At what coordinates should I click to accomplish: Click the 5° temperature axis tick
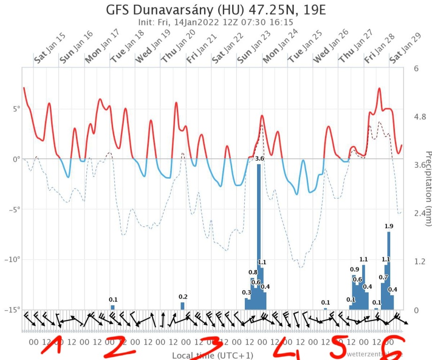click(13, 109)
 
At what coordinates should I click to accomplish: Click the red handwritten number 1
click(55, 346)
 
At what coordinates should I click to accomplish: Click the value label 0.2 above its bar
click(183, 297)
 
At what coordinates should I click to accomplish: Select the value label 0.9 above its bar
click(355, 269)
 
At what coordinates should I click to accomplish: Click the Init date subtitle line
click(216, 22)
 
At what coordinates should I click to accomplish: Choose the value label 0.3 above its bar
click(246, 292)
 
